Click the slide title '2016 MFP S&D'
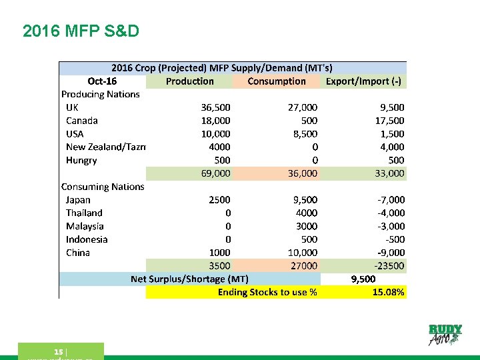81,31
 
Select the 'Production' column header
189,81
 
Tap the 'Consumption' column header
276,81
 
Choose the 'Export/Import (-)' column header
365,81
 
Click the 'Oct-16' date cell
102,81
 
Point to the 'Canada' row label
82,121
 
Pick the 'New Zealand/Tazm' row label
105,147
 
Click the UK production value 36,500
215,107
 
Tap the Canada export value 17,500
389,121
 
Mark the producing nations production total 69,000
215,173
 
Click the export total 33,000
389,173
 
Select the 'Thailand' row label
84,213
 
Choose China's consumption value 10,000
301,253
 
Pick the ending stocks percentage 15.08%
388,292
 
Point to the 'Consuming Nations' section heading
103,187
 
